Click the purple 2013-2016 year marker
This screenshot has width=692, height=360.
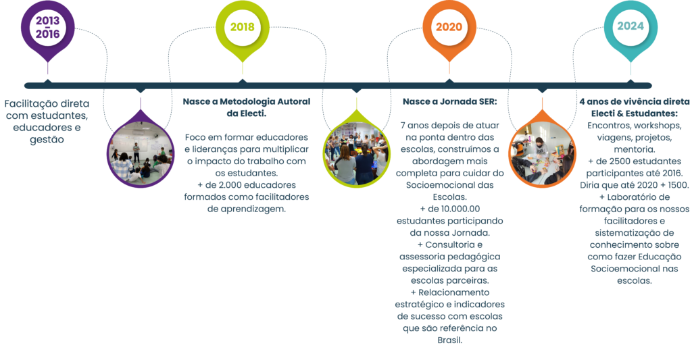coord(48,28)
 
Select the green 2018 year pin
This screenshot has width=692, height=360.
coord(243,28)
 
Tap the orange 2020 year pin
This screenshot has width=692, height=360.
coord(449,28)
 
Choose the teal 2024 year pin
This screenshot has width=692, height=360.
coord(631,28)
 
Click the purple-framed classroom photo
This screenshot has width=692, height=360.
coord(141,152)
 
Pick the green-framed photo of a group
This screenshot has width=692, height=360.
coord(357,152)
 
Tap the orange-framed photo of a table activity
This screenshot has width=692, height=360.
coord(543,152)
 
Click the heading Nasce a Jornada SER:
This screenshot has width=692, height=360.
coord(449,101)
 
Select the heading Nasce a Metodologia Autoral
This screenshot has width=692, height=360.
coord(247,101)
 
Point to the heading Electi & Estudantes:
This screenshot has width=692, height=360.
coord(635,113)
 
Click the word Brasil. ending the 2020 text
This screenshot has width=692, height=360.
coord(449,340)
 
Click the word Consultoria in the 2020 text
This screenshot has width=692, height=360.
coord(450,245)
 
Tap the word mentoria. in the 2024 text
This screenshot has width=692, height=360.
coord(635,149)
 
